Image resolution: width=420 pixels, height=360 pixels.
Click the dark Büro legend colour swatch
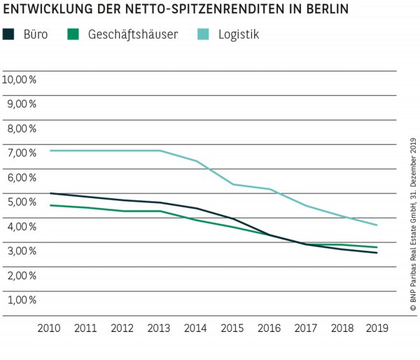[x=8, y=34]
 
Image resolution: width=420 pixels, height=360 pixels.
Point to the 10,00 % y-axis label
[x=20, y=79]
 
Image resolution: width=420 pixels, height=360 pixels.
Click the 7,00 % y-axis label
[x=20, y=153]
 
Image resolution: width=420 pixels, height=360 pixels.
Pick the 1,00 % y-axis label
[x=20, y=300]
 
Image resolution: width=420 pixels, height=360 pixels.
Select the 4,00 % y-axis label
[x=20, y=226]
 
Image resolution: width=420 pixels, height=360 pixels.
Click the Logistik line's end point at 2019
[x=378, y=225]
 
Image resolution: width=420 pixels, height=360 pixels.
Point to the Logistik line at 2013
[x=160, y=151]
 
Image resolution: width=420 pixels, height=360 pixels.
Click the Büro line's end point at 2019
[x=378, y=253]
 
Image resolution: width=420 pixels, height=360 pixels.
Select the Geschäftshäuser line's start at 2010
[x=50, y=205]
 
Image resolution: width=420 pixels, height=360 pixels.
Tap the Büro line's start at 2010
[x=50, y=193]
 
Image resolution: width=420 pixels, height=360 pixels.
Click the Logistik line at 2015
[x=232, y=184]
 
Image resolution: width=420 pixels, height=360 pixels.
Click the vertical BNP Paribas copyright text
[x=412, y=224]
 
